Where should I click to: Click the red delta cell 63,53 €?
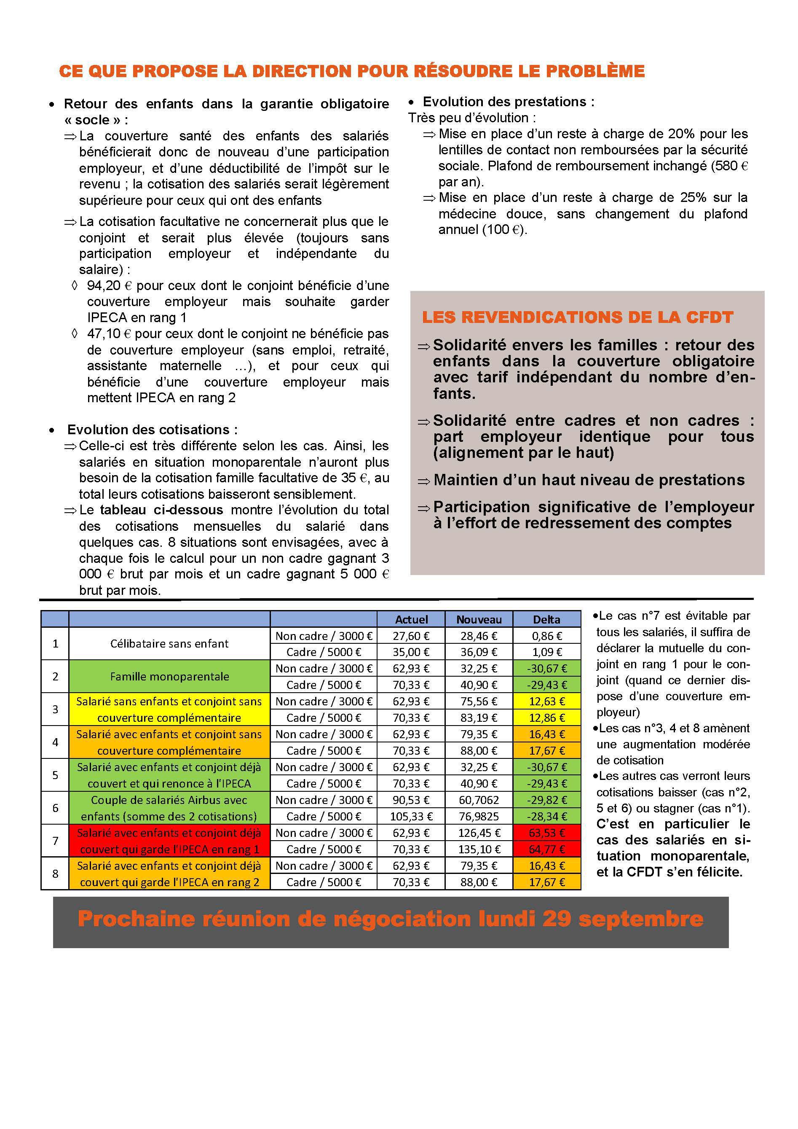coord(547,833)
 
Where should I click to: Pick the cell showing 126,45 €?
coord(479,833)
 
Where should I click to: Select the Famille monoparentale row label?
coord(169,677)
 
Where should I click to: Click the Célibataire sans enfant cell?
coord(169,644)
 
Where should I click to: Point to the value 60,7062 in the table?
coord(479,800)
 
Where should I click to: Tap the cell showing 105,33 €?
coord(411,816)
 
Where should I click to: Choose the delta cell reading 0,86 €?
coord(547,636)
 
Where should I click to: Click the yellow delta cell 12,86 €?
coord(547,718)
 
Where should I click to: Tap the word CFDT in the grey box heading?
coord(710,317)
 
